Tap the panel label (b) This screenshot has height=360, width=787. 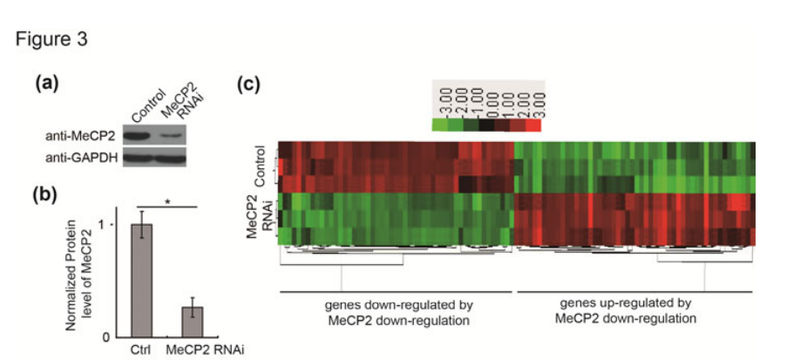45,194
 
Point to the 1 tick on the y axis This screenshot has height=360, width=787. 108,225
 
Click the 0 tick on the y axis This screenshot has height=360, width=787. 107,336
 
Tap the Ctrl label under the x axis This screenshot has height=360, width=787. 141,350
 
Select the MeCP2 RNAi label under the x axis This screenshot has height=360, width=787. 193,350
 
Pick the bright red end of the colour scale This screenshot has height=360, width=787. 534,126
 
